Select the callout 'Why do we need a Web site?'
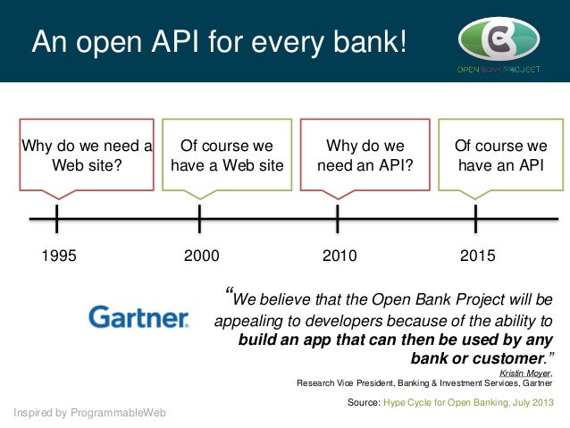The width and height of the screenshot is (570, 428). click(x=86, y=155)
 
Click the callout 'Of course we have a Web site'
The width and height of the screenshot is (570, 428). click(x=226, y=155)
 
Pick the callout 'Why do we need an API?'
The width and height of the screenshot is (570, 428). click(x=365, y=155)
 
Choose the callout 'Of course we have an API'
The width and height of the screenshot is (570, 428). click(x=500, y=155)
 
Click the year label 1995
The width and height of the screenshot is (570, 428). click(x=60, y=256)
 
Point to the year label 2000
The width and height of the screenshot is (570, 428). click(x=201, y=256)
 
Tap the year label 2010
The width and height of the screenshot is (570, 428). click(x=339, y=256)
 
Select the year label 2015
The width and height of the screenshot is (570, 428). click(x=477, y=256)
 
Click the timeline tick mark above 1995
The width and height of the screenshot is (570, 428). click(x=56, y=218)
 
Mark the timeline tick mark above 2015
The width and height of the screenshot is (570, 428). click(x=475, y=218)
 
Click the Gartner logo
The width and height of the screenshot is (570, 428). click(x=138, y=317)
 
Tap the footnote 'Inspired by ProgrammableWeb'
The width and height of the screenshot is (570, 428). click(x=90, y=412)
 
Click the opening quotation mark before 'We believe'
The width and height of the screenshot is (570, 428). click(x=231, y=296)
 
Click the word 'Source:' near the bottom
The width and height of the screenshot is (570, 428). click(x=363, y=403)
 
